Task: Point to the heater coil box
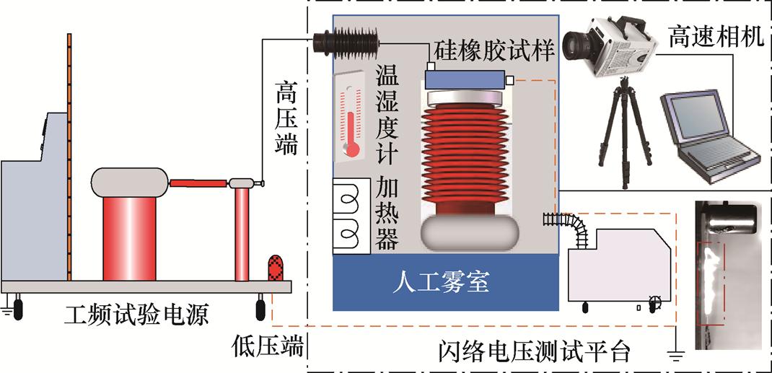click(351, 216)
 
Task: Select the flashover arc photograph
click(727, 274)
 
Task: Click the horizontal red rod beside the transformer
click(198, 183)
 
